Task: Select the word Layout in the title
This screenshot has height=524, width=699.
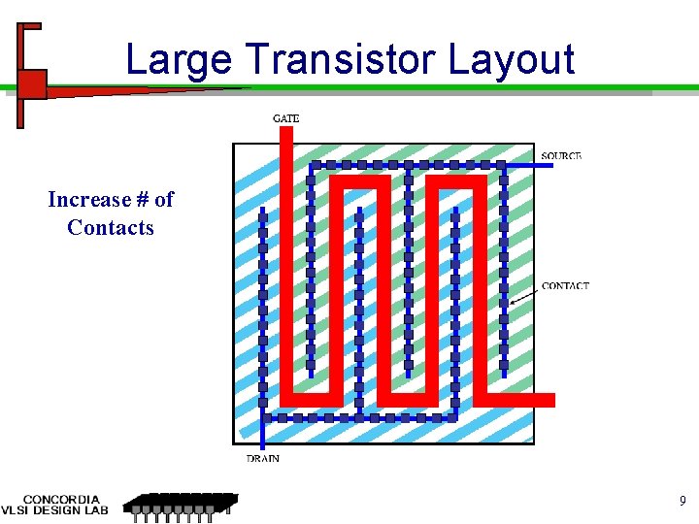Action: click(512, 60)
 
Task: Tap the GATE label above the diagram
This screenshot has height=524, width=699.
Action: click(286, 118)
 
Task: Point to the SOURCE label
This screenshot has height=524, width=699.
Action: click(561, 156)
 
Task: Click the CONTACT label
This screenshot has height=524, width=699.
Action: click(565, 285)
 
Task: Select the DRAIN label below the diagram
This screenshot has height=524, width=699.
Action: click(262, 458)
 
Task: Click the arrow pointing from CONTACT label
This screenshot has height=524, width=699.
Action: click(524, 295)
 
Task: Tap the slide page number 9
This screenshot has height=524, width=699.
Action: click(682, 502)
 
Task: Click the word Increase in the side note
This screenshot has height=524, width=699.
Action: click(88, 200)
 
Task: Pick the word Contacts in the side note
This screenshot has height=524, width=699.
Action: click(111, 228)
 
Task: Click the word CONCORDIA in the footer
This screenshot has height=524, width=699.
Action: click(60, 500)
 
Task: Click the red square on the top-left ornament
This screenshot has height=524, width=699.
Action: click(32, 84)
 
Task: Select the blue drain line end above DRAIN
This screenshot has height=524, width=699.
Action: click(262, 442)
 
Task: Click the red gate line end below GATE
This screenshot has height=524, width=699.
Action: click(285, 132)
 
